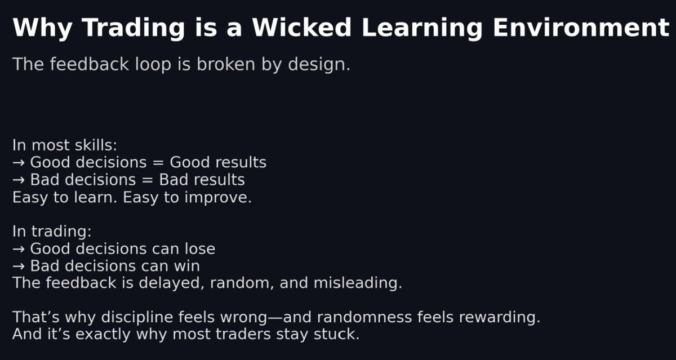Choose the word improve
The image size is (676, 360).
[x=217, y=198]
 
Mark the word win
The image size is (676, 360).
[x=186, y=265]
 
